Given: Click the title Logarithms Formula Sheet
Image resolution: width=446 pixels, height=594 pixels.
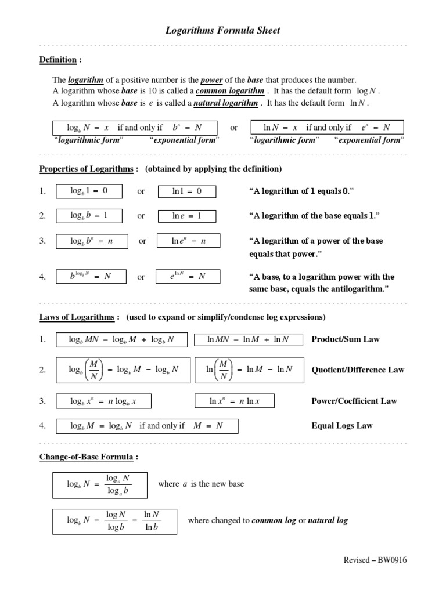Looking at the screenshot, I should (223, 31).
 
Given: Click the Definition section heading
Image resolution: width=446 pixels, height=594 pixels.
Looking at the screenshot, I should (58, 60).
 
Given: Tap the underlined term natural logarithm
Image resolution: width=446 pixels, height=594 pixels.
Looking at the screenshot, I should (225, 103).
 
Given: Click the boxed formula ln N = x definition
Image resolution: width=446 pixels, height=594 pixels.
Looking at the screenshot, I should (326, 127).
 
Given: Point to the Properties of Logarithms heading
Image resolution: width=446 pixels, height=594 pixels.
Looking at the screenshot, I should (89, 169).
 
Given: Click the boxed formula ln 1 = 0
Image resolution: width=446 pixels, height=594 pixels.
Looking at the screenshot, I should (187, 191).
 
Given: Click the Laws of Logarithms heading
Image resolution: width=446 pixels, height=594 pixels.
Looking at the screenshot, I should (80, 317).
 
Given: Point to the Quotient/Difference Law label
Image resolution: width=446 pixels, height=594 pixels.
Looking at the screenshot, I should (358, 370).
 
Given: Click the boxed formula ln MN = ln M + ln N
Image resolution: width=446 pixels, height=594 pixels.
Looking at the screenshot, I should (248, 339).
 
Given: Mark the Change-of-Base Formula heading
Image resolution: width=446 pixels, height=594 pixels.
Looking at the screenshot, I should (89, 457).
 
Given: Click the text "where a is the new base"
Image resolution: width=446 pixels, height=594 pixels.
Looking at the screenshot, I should (201, 484).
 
